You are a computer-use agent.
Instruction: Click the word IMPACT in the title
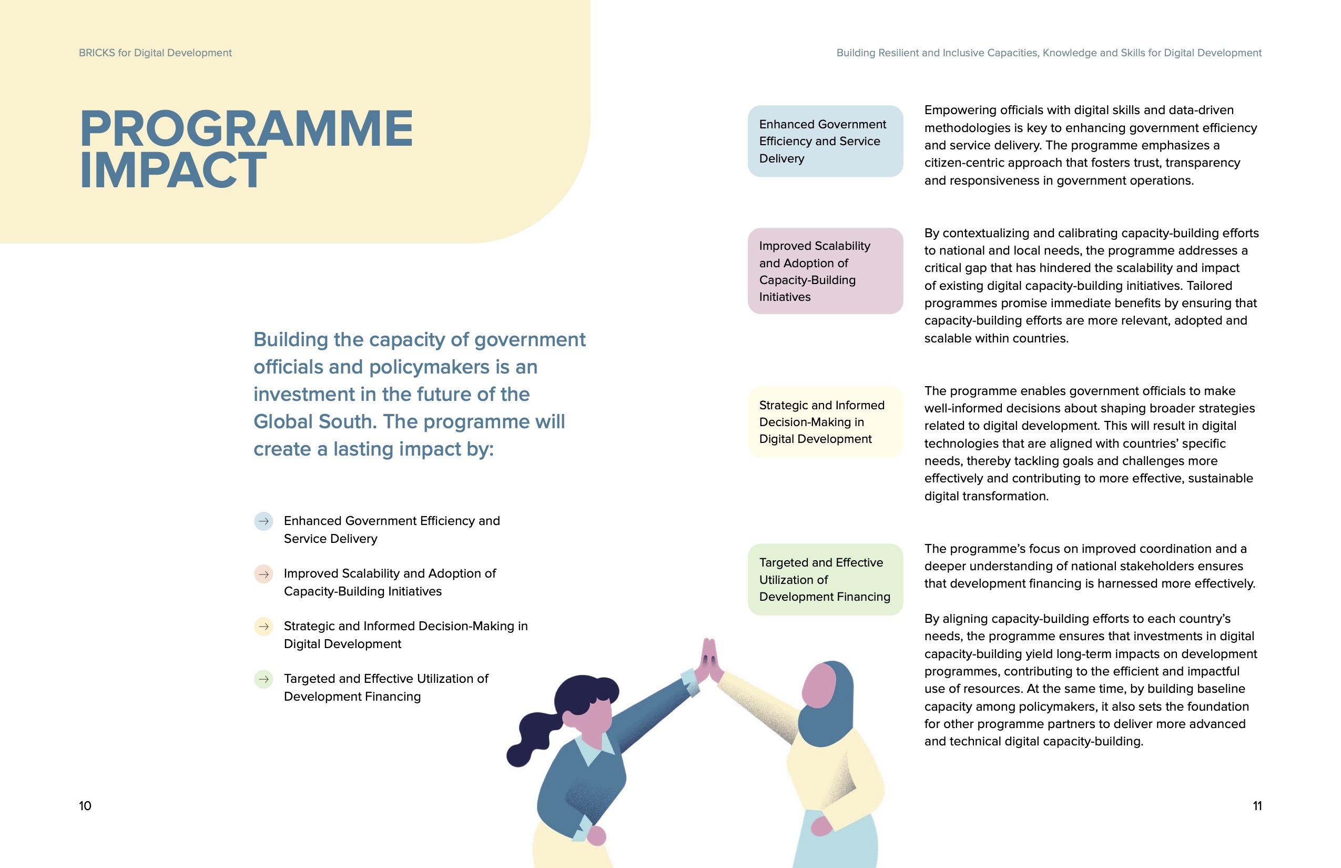click(x=172, y=170)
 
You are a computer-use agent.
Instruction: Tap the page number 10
click(x=85, y=806)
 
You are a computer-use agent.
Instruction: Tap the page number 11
click(x=1257, y=806)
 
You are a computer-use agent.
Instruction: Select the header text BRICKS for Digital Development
click(x=155, y=53)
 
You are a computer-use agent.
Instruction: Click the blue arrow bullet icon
click(x=263, y=521)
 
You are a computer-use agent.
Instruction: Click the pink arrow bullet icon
click(x=263, y=574)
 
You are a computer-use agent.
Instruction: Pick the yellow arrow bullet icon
click(x=263, y=627)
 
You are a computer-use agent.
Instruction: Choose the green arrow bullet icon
click(x=263, y=679)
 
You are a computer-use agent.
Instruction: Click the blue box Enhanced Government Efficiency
click(x=825, y=142)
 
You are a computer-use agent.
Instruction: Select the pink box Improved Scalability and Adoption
click(x=825, y=271)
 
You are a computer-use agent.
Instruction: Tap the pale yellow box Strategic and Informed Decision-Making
click(x=825, y=422)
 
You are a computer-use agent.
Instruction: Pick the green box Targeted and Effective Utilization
click(x=825, y=579)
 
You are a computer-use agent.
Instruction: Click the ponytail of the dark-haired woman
click(x=532, y=735)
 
